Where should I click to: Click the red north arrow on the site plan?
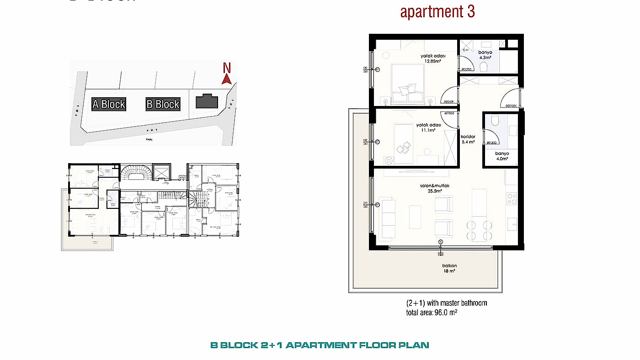pyautogui.click(x=226, y=79)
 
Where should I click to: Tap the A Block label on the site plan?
pyautogui.click(x=108, y=104)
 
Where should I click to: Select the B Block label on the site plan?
pyautogui.click(x=163, y=104)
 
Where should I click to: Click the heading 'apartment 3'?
pyautogui.click(x=437, y=12)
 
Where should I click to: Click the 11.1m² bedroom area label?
pyautogui.click(x=428, y=127)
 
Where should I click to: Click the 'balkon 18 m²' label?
pyautogui.click(x=437, y=269)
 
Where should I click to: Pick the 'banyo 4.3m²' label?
pyautogui.click(x=485, y=55)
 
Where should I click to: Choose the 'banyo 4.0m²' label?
pyautogui.click(x=501, y=156)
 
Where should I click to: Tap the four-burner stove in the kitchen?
pyautogui.click(x=512, y=199)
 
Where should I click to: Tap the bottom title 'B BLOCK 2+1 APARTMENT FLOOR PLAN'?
pyautogui.click(x=320, y=345)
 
